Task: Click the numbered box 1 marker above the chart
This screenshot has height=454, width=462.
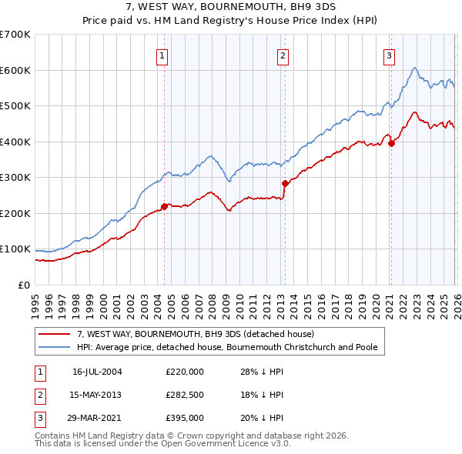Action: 163,55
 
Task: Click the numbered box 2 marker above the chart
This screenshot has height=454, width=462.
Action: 283,55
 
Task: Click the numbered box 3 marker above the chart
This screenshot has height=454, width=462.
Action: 390,55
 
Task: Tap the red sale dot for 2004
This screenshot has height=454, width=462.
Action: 164,206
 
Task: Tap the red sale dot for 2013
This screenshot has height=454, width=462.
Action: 284,183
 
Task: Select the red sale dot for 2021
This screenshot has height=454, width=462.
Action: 391,142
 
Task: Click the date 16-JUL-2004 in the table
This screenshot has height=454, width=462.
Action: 97,371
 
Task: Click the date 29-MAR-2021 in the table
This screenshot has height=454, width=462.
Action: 97,419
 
